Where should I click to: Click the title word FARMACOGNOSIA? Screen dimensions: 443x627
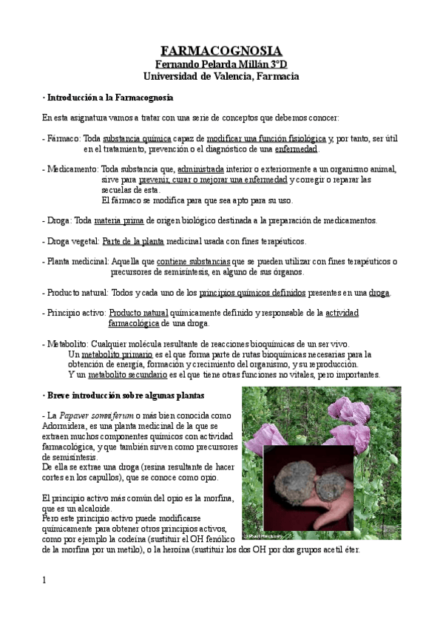(220, 50)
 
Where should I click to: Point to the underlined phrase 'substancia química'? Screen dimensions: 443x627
(137, 138)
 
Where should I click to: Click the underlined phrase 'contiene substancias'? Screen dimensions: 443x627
(193, 261)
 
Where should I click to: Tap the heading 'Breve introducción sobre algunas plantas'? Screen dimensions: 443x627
(126, 396)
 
